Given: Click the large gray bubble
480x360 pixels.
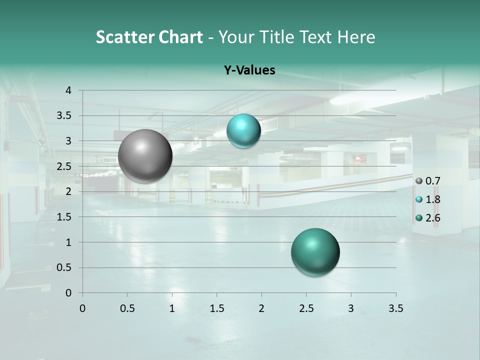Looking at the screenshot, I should point(145,156).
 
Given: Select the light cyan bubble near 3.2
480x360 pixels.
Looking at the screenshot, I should point(243,130).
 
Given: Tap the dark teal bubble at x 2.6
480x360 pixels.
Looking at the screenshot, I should point(315,252).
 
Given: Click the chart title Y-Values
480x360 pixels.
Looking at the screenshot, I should point(249,70).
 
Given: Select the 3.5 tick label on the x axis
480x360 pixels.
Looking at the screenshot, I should point(395,308).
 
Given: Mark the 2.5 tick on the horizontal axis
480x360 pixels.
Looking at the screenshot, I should point(306,308).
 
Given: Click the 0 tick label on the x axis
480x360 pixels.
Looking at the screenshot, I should point(83,308).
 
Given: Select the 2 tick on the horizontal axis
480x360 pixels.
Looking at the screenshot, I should point(261,308).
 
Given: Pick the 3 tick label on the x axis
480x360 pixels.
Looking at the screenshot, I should point(351,308).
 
